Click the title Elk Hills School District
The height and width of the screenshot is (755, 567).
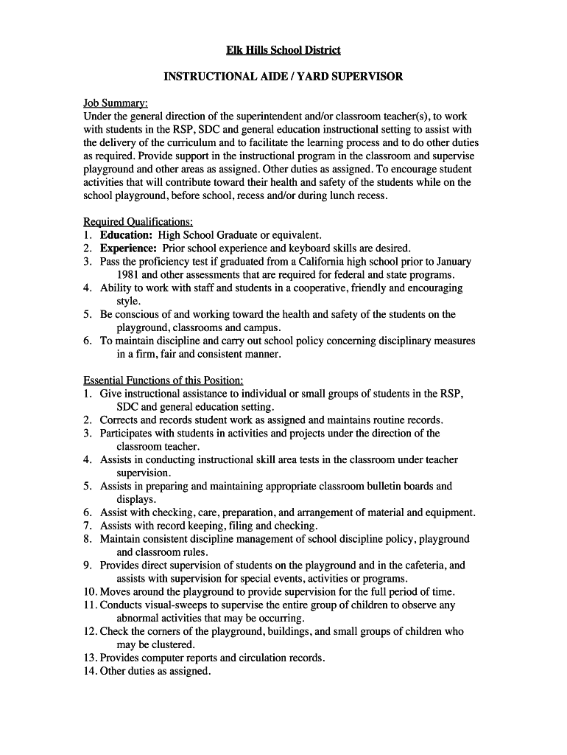click(283, 50)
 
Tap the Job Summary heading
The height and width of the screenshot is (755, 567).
click(116, 103)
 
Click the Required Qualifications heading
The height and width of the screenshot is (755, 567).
click(138, 222)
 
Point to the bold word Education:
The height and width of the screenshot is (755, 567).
click(127, 235)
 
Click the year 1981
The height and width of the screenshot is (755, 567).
click(128, 275)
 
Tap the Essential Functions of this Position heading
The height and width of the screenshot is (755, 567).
click(163, 380)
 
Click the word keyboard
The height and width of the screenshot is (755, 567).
click(314, 248)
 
